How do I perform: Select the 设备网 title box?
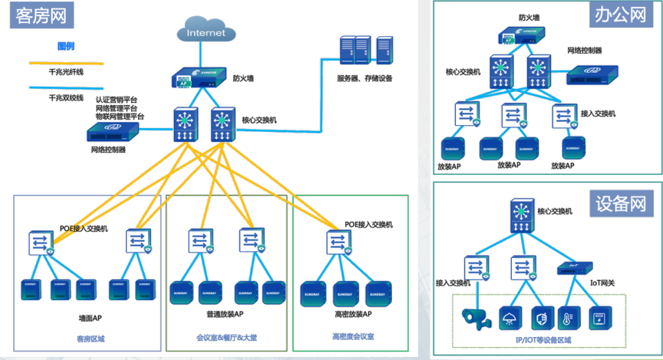[x=618, y=203]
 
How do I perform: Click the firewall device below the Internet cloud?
[x=197, y=78]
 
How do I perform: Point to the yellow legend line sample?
[x=66, y=63]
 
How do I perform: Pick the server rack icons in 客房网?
[x=367, y=51]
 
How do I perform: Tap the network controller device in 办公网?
[x=593, y=75]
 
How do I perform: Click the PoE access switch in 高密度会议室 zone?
[x=337, y=242]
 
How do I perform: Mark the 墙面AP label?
[x=90, y=318]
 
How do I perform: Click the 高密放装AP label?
[x=352, y=315]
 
